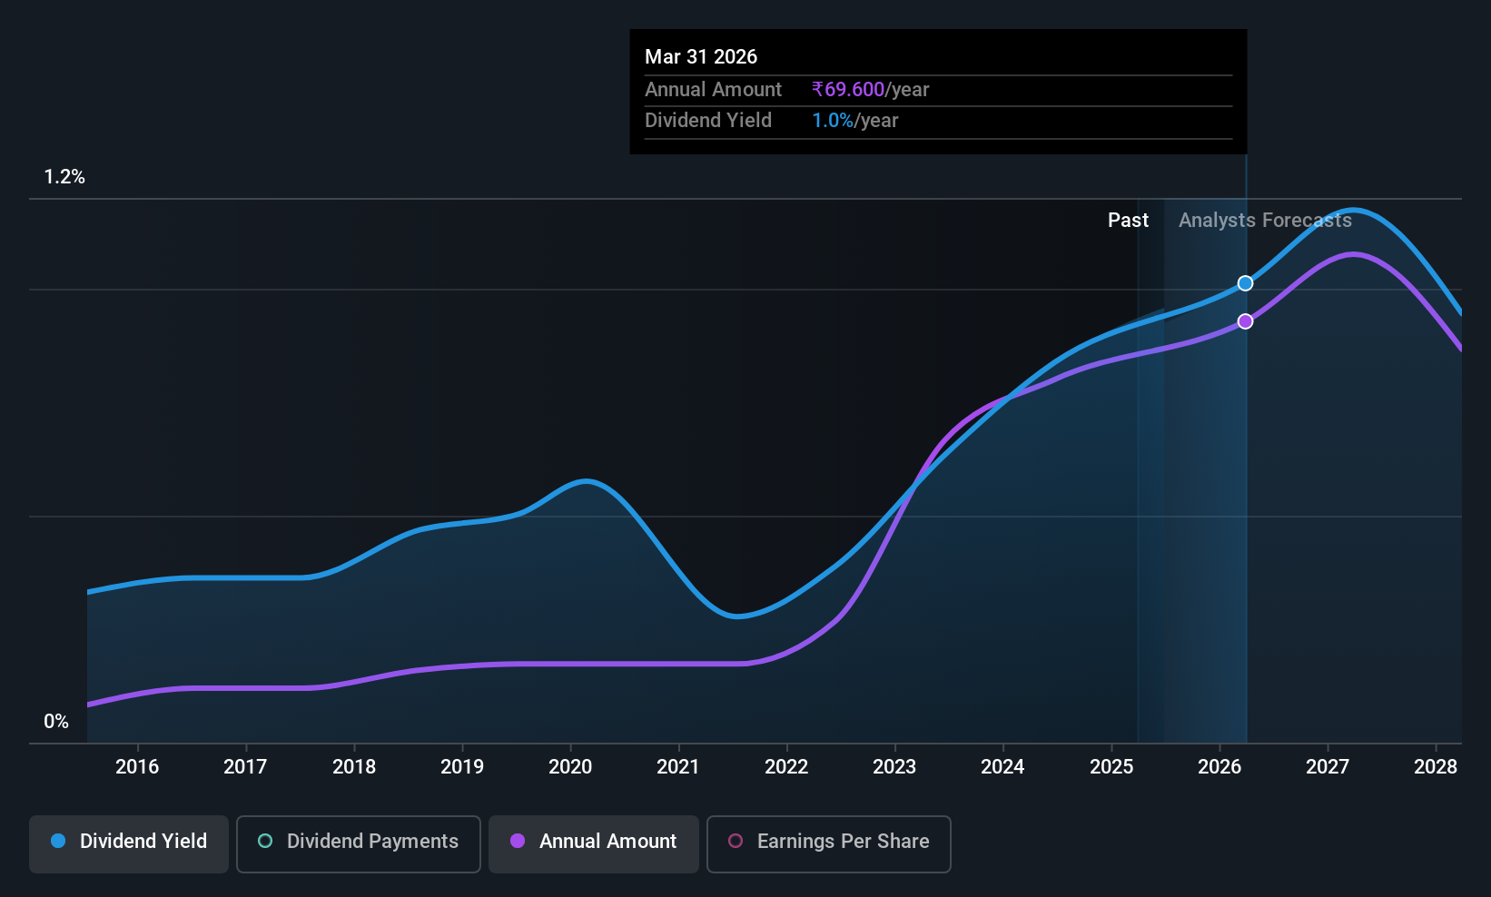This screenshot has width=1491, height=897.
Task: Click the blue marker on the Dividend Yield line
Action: coord(1246,283)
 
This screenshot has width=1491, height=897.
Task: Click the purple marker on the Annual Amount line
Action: coord(1246,321)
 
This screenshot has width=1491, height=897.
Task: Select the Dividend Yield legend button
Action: coord(128,843)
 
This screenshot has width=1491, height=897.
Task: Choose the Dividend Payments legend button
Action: coord(358,843)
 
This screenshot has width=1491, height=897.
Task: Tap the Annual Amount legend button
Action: coord(594,843)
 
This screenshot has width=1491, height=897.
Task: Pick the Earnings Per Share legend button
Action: coord(829,843)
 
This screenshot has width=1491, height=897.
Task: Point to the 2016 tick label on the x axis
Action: coord(137,766)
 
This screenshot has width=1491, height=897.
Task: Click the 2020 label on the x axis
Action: coord(570,766)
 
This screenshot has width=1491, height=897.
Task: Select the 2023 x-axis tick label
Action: coord(894,766)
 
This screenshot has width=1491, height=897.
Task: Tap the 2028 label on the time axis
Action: coord(1436,766)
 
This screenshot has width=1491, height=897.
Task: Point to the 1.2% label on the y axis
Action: coord(64,177)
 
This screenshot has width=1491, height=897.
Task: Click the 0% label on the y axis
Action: coord(56,722)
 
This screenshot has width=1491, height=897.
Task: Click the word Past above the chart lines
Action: coord(1128,221)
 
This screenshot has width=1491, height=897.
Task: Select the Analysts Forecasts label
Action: coord(1266,221)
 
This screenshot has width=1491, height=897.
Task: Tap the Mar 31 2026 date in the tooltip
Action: coord(701,56)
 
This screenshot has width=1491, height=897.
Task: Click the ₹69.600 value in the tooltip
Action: coord(848,89)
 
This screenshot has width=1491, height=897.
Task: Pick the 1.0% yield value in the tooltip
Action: coord(833,121)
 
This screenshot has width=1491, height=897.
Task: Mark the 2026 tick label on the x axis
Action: coord(1219,766)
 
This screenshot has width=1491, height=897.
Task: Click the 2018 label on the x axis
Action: coord(354,766)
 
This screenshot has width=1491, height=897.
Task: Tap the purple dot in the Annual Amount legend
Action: coord(518,841)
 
